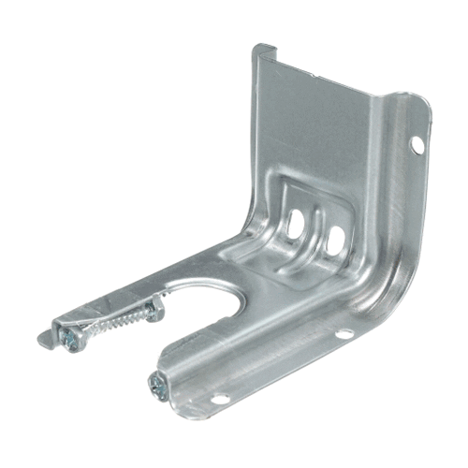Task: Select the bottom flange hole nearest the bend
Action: tap(344, 333)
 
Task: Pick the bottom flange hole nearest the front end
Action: tap(221, 400)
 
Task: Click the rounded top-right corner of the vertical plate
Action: tap(422, 103)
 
